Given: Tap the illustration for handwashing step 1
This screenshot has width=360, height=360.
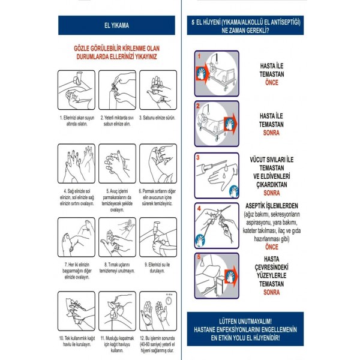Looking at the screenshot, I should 77,91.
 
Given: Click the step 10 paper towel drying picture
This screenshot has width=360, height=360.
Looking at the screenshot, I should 77,312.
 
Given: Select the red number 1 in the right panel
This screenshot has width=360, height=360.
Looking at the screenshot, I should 199,55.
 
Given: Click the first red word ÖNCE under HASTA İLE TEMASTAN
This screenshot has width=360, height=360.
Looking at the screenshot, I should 272,81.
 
